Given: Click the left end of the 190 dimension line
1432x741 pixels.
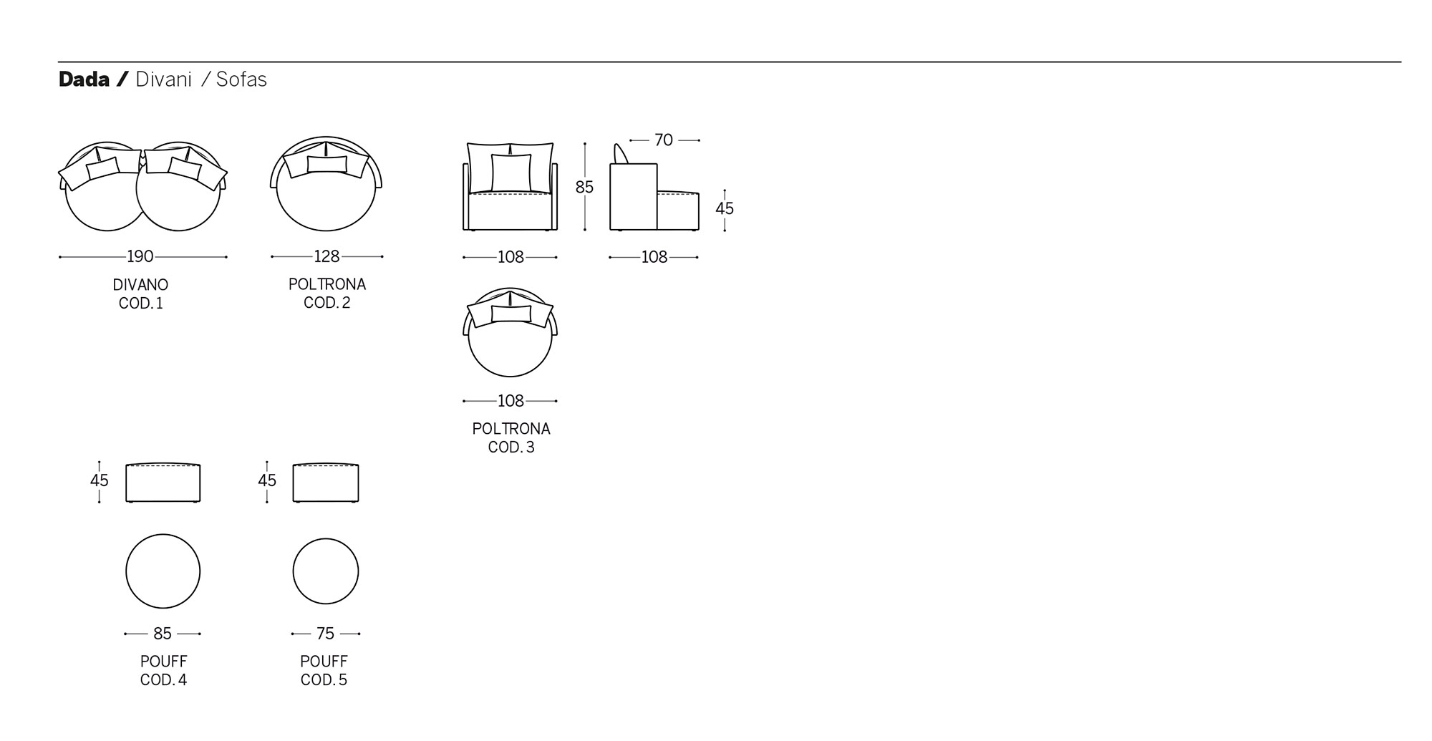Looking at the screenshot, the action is [x=59, y=257].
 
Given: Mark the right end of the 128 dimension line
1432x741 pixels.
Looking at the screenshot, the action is [x=382, y=256].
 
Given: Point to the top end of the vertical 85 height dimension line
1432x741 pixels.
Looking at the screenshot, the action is [x=585, y=143].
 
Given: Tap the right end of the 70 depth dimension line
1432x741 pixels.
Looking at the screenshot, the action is [x=699, y=140].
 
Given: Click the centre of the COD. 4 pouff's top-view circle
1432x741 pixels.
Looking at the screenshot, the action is [x=163, y=571].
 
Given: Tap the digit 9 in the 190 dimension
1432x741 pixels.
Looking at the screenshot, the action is [x=140, y=256].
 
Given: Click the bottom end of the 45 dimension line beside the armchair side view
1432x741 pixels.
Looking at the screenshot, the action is [x=725, y=230].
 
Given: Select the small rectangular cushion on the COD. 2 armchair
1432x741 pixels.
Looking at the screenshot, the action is [x=327, y=164].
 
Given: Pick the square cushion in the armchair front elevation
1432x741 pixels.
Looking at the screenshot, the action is [x=511, y=173].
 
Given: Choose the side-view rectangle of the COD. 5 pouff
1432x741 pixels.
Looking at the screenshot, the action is [x=326, y=483].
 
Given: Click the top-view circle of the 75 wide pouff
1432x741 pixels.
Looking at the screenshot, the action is [x=326, y=571].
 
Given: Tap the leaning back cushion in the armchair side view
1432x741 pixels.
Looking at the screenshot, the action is [x=621, y=154].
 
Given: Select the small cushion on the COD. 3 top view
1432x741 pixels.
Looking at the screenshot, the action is [x=511, y=314].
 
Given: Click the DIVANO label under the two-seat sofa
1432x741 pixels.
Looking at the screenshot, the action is [x=140, y=285].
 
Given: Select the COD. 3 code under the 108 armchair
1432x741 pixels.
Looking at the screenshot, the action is [x=511, y=447].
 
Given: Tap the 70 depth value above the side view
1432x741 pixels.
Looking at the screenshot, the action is [x=664, y=140].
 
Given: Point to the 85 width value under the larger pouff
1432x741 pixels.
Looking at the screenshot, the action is [x=163, y=634].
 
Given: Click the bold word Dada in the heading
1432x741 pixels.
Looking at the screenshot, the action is [x=84, y=79].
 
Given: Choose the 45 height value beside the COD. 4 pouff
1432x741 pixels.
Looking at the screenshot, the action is [x=100, y=480].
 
